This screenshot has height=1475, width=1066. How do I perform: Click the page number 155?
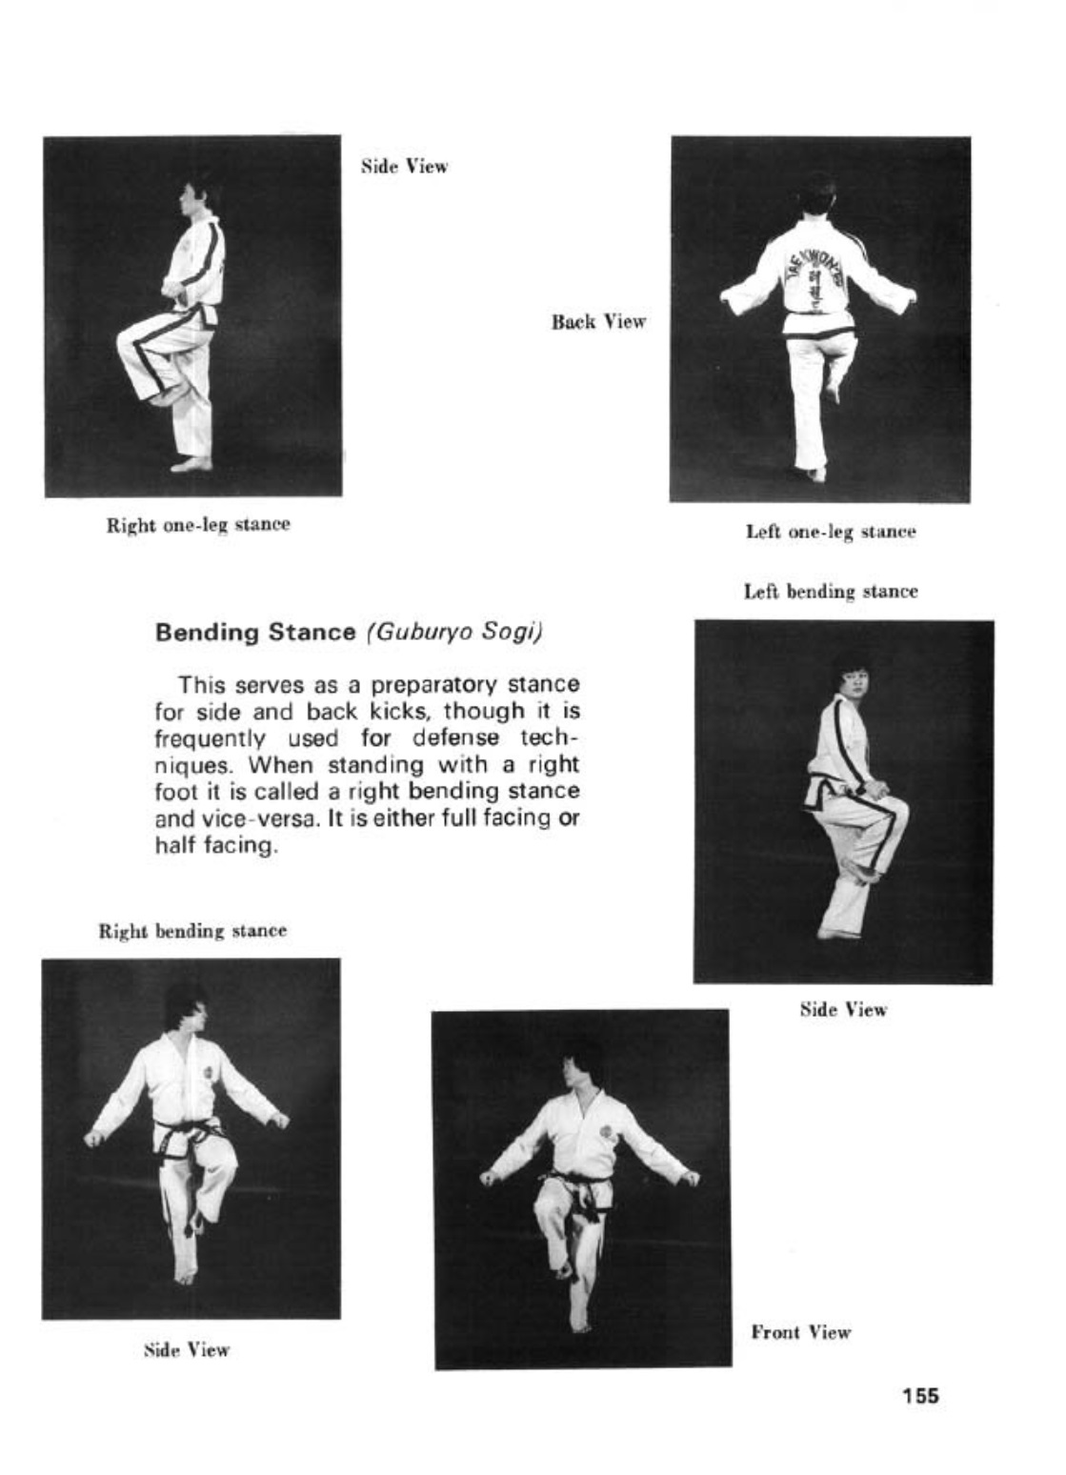(x=920, y=1396)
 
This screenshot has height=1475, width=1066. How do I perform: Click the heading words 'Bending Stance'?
(x=254, y=633)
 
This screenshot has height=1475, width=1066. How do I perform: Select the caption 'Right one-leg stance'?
(x=198, y=524)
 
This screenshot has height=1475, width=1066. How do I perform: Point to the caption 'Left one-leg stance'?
(x=831, y=532)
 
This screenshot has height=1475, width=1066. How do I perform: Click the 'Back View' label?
(x=598, y=322)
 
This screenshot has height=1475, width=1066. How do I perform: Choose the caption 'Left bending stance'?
(x=831, y=592)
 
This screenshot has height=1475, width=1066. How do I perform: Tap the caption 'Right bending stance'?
(x=192, y=930)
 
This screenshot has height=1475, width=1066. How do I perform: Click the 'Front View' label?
(x=800, y=1332)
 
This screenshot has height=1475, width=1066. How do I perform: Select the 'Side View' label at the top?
(x=404, y=167)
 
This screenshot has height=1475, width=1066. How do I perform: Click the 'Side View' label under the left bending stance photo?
(x=843, y=1010)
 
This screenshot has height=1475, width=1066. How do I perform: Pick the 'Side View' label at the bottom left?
(x=187, y=1349)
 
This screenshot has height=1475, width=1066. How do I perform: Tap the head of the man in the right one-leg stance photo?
(x=195, y=191)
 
